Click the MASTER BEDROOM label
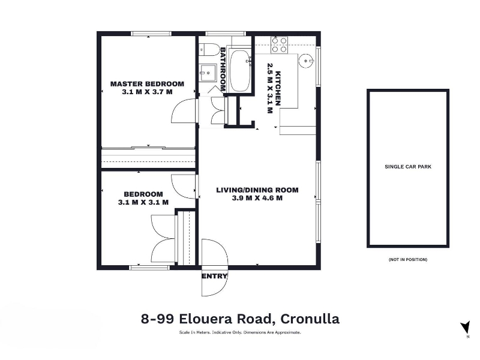pos(147,84)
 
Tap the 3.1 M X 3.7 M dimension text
pos(147,92)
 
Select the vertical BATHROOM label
pos(223,69)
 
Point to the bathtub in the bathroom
pos(240,71)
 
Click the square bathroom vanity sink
pos(208,73)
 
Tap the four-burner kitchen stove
pos(279,44)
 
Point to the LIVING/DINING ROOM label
pos(257,190)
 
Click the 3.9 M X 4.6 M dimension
pos(257,198)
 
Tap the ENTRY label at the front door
pos(214,277)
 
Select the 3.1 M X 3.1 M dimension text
pos(143,202)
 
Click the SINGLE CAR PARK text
pos(408,167)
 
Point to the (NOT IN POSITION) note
pos(408,260)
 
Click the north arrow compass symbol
pos(466,328)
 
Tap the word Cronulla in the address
pos(310,319)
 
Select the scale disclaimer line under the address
pos(240,332)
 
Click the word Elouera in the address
pos(202,319)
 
